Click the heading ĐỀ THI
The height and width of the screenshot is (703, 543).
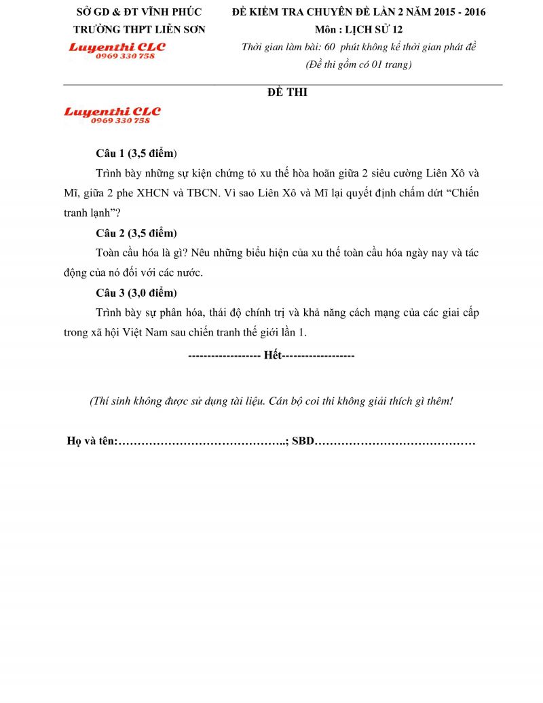[x=287, y=92]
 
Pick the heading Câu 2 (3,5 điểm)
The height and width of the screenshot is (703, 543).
[x=136, y=233]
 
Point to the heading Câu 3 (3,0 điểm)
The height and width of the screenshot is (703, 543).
[x=136, y=293]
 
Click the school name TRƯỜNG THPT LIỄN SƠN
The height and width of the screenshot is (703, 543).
[x=139, y=29]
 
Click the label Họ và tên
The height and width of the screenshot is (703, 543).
[x=92, y=441]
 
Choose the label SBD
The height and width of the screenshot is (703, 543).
[x=303, y=441]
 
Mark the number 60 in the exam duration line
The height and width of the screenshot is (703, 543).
[x=331, y=47]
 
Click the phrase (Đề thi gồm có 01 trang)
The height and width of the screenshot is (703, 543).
[x=358, y=65]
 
